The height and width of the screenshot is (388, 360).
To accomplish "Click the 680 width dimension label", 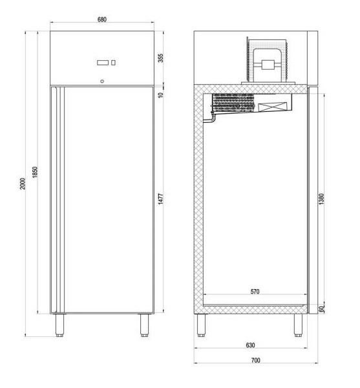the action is point(102,19).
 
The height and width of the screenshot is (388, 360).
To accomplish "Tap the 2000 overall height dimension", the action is point(23,184).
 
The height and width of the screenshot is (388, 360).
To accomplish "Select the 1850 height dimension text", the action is point(35,172).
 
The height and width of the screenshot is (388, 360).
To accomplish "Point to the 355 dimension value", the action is point(161,58).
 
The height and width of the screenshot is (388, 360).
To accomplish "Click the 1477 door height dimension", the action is point(161,199).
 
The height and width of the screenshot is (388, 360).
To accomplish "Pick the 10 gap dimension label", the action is point(161,95).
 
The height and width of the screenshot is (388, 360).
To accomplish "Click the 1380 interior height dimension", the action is point(321,199).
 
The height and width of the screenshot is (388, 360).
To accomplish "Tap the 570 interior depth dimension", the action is point(255,292).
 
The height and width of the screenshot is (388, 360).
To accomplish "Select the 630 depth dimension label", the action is point(250,345).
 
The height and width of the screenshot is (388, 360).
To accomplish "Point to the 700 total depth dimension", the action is point(256,360).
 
